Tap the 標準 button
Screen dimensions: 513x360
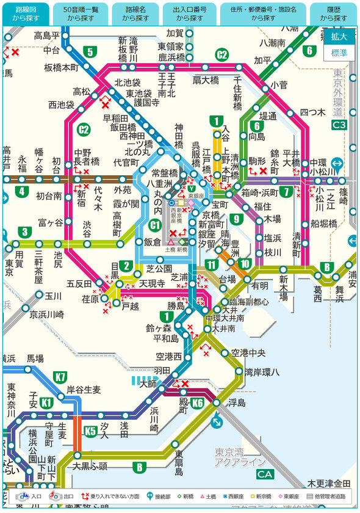339,53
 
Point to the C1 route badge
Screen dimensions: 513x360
155,225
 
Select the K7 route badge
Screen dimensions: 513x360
60,377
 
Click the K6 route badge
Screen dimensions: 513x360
197,402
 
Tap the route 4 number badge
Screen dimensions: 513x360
23,191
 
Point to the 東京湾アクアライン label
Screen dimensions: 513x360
240,457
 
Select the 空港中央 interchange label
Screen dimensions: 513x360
248,352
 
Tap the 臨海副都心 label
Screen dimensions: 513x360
249,302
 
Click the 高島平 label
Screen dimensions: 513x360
47,35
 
